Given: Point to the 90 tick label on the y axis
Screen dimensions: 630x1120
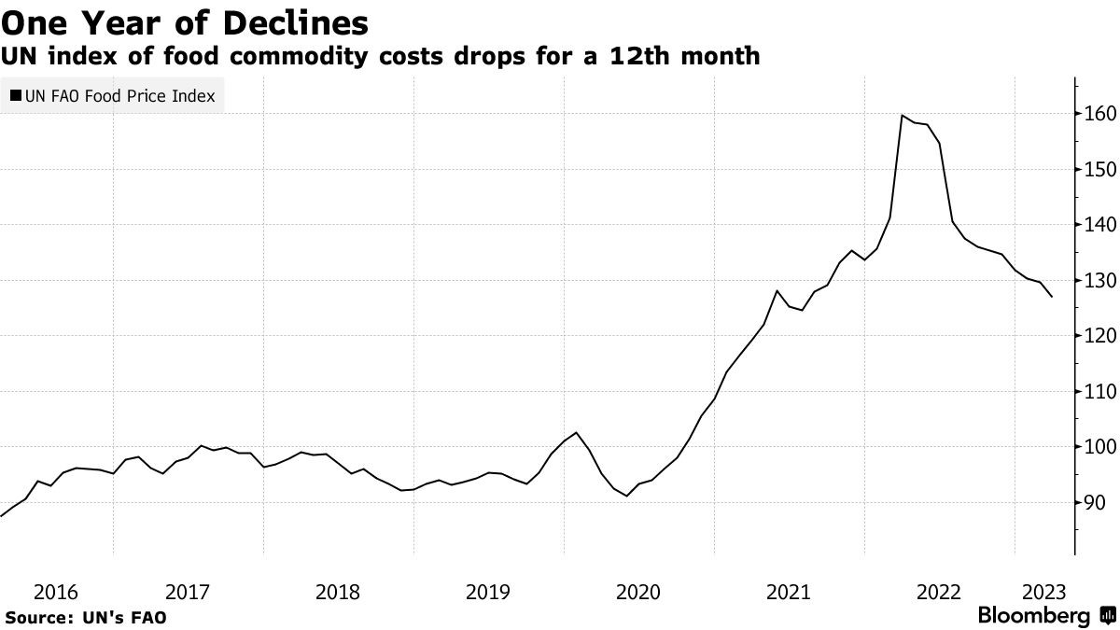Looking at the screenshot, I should (1095, 503).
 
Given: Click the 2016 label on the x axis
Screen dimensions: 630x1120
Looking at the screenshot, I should (56, 591).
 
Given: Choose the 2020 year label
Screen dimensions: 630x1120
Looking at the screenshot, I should (639, 591).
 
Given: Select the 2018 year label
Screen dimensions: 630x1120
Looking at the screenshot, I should (338, 591).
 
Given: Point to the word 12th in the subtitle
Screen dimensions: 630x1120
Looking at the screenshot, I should (630, 57).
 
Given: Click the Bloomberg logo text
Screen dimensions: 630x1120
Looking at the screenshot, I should (1034, 616).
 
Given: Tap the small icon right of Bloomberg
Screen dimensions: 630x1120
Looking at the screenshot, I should (1107, 616).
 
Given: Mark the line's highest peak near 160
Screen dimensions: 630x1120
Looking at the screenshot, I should (902, 116).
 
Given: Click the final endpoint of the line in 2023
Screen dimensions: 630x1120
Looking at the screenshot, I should (1052, 297).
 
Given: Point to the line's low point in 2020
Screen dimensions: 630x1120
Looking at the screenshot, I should (626, 496).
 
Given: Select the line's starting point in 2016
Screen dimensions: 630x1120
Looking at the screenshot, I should (2, 515).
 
